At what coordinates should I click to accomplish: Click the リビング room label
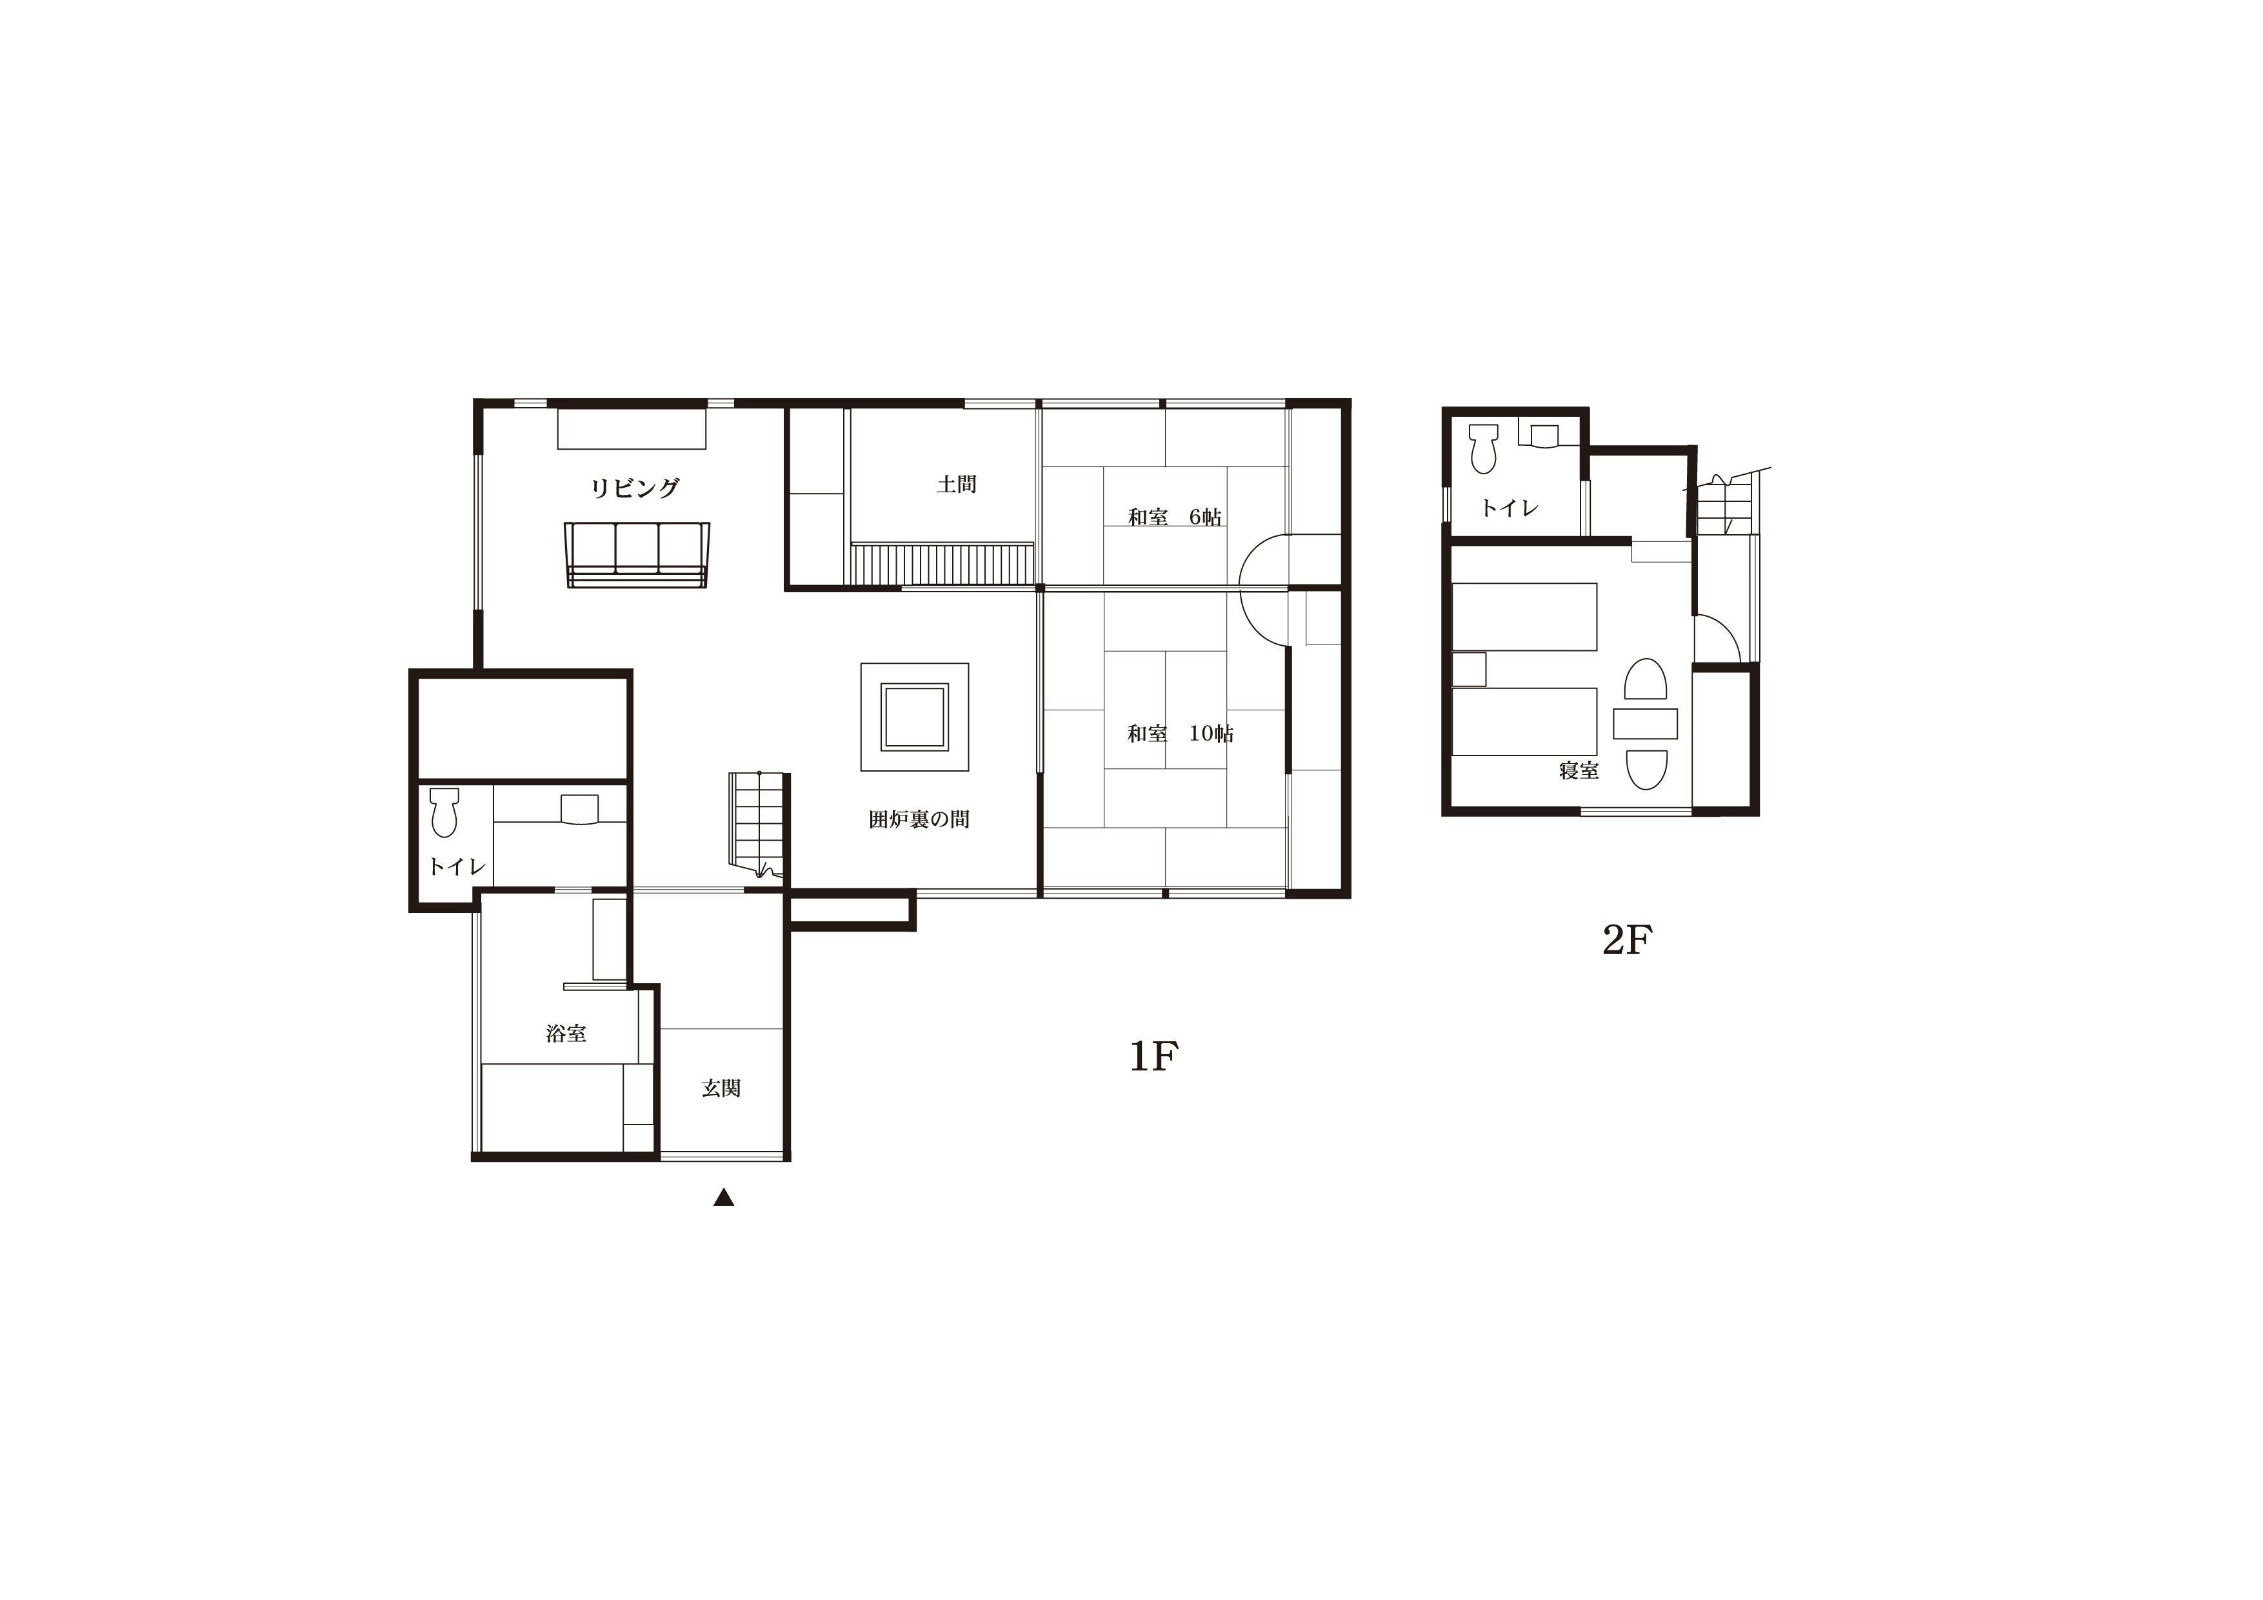[635, 488]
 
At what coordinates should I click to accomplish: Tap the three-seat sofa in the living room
[637, 555]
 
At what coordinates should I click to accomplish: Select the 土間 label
[956, 484]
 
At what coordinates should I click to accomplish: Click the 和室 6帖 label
[1175, 517]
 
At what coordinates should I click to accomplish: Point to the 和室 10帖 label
[1180, 734]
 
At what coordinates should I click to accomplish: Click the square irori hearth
[915, 717]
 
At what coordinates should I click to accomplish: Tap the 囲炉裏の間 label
[919, 819]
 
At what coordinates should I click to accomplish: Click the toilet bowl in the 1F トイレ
[444, 812]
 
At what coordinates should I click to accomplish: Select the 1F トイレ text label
[456, 866]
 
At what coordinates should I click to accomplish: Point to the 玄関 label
[721, 1088]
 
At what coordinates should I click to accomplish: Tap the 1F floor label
[1153, 1057]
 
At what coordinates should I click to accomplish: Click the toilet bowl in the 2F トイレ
[1482, 448]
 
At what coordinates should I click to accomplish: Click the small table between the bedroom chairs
[1645, 724]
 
